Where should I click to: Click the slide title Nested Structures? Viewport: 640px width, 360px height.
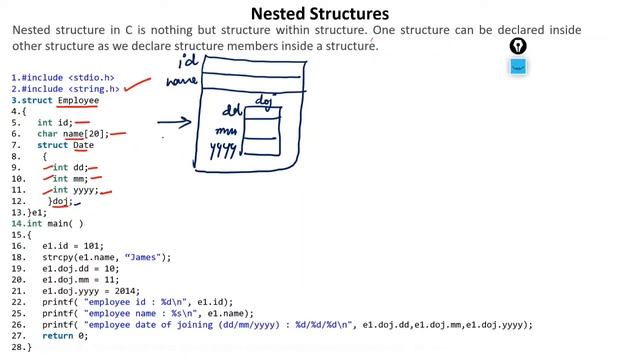coord(319,13)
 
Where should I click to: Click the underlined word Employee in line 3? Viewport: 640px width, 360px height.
coord(78,100)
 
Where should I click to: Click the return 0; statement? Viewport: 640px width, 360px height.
coord(65,336)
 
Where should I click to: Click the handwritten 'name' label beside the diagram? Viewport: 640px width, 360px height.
coord(182,82)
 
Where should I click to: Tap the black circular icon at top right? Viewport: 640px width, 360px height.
coord(517,46)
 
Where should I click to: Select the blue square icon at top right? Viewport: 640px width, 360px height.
coord(517,67)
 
